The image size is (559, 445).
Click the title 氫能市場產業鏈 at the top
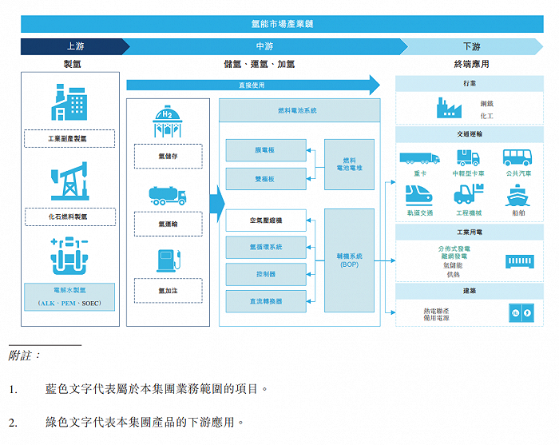coord(281,24)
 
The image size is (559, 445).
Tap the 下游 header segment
coord(471,46)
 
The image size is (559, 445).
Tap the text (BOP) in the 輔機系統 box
coord(349,264)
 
